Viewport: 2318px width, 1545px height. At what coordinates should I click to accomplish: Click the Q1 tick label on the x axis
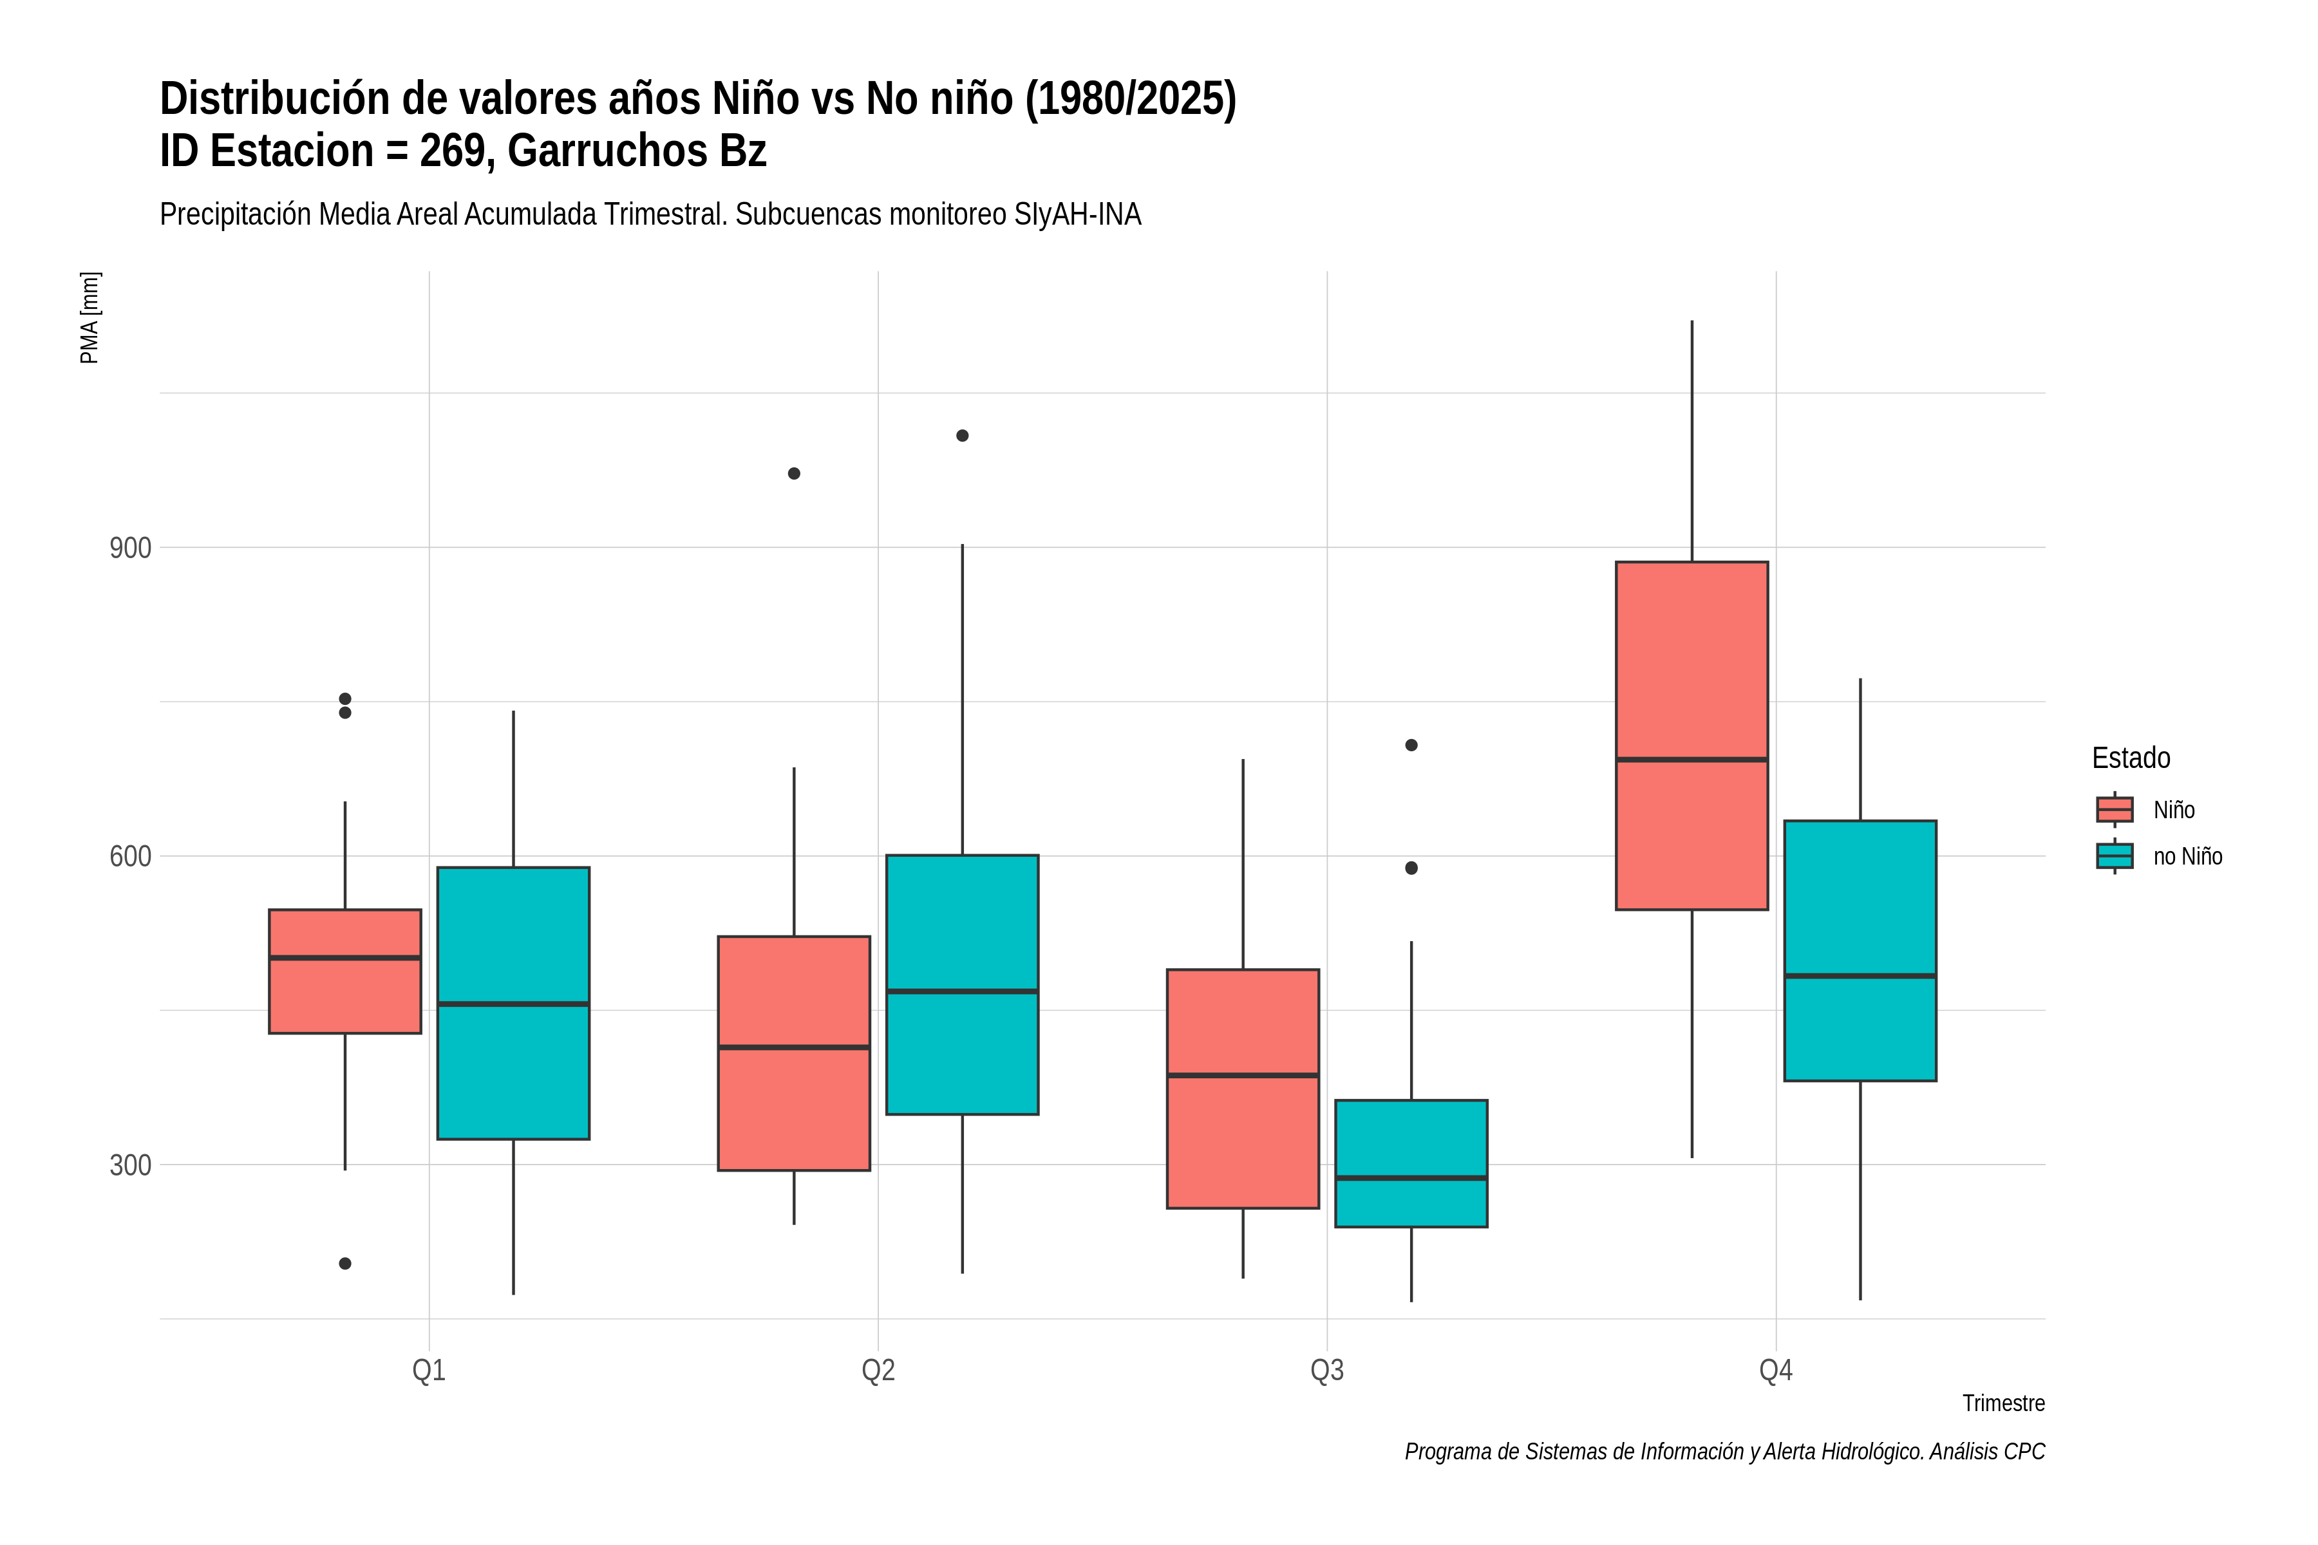coord(429,1371)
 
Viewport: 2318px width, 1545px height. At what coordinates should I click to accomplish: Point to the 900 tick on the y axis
coord(130,548)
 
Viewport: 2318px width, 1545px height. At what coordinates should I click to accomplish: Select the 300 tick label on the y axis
coord(130,1165)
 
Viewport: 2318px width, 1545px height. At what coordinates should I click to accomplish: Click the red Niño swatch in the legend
coord(2114,809)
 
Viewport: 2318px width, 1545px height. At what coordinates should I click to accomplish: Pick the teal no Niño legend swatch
coord(2114,856)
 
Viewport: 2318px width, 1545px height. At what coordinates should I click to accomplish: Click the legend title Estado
coord(2131,758)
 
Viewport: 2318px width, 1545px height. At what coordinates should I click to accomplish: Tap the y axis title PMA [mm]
coord(90,317)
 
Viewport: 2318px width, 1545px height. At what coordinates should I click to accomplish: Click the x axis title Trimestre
coord(2004,1403)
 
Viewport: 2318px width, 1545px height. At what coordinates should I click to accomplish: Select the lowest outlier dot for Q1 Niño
coord(345,1263)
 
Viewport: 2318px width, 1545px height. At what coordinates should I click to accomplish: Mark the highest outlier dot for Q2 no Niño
coord(962,436)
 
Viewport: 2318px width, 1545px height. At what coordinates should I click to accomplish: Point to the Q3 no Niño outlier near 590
coord(1411,868)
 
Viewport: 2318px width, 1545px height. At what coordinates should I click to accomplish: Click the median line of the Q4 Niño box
coord(1691,760)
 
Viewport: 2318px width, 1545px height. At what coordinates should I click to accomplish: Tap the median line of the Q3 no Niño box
coord(1411,1177)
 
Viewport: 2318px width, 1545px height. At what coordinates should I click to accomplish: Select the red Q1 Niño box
coord(345,971)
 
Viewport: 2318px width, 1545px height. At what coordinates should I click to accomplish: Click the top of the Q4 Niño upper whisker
coord(1692,321)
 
